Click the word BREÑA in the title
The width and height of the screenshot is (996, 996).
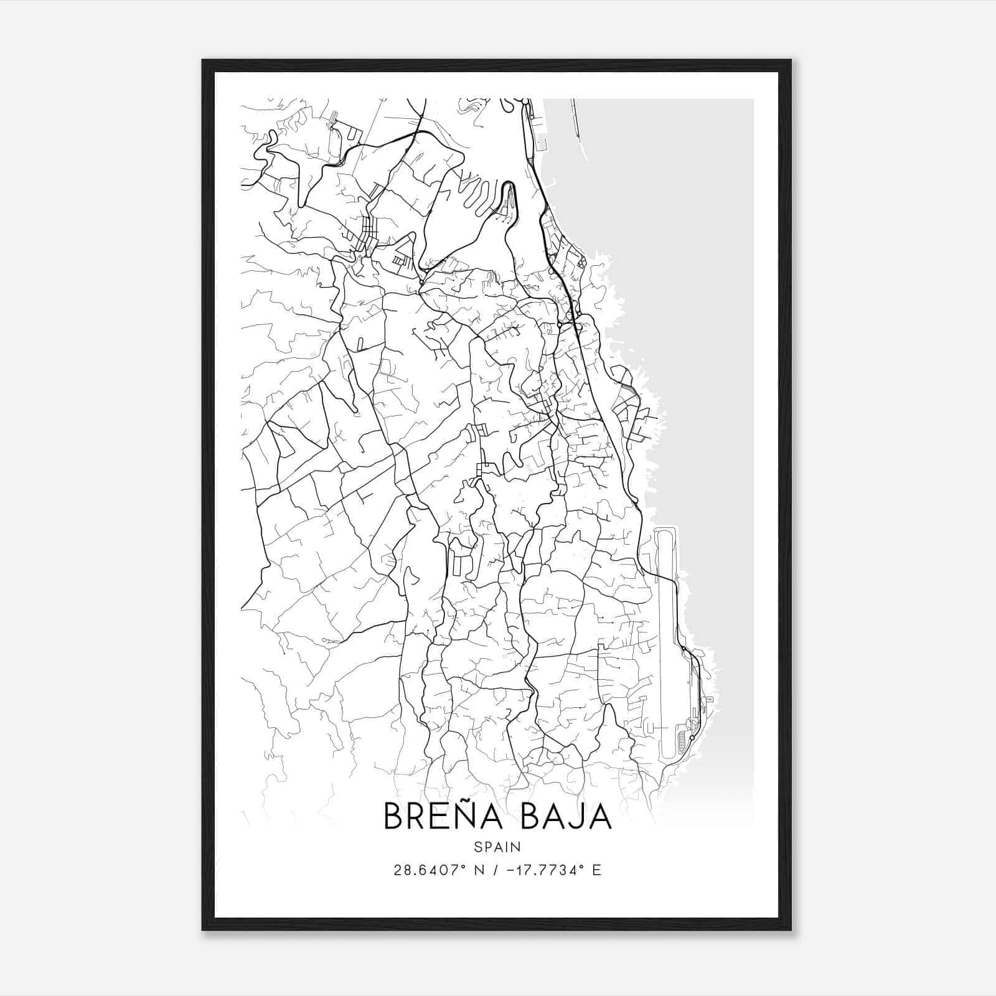pos(443,816)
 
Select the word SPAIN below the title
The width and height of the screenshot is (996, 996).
pos(497,847)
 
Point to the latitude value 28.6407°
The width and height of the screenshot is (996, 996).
pos(427,870)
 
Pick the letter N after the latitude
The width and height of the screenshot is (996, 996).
pos(479,870)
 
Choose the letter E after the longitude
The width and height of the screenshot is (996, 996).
pos(597,870)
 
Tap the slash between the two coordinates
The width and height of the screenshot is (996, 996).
pos(496,870)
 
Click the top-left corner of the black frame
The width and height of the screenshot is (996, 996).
pos(203,61)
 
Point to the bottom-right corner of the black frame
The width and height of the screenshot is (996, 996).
pos(791,930)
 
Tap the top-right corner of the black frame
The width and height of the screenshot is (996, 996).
pos(791,61)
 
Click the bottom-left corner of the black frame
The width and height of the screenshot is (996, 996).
pos(203,930)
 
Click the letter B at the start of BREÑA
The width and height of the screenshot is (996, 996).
pos(394,817)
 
